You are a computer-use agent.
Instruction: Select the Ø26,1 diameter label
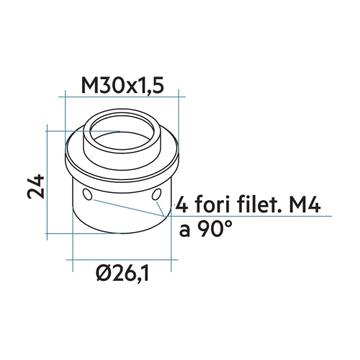pyautogui.click(x=127, y=274)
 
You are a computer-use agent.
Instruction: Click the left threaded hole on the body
pyautogui.click(x=87, y=194)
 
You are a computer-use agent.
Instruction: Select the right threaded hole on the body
pyautogui.click(x=157, y=195)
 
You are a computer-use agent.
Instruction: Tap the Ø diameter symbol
pyautogui.click(x=104, y=274)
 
